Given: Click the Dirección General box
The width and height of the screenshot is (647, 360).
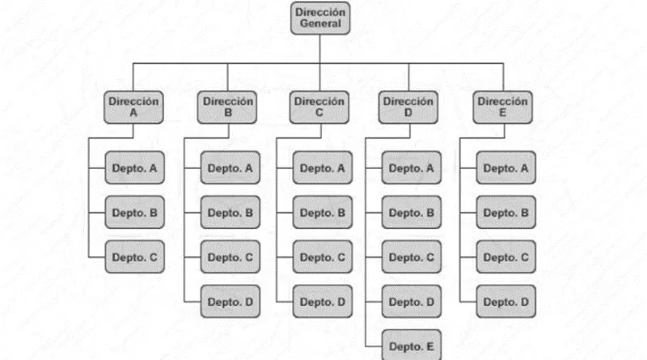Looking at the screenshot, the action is pyautogui.click(x=320, y=18).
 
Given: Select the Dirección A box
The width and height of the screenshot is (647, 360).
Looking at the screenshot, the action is pyautogui.click(x=133, y=108).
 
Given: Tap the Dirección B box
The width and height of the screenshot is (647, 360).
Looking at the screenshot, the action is pyautogui.click(x=227, y=108).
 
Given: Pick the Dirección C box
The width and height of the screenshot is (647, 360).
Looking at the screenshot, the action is pyautogui.click(x=319, y=108).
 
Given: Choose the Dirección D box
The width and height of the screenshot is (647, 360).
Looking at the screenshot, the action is pyautogui.click(x=408, y=108).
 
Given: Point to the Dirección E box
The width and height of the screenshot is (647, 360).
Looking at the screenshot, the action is pyautogui.click(x=502, y=108).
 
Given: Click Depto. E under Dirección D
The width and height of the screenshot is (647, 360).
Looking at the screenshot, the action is pyautogui.click(x=412, y=345).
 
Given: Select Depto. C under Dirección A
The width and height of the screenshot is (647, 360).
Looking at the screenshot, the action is pyautogui.click(x=134, y=256).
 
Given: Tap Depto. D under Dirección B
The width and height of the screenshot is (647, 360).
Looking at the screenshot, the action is pyautogui.click(x=230, y=302).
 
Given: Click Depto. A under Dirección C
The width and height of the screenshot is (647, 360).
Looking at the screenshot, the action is pyautogui.click(x=323, y=167).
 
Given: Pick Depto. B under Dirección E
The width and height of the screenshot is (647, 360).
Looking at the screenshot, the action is pyautogui.click(x=506, y=212).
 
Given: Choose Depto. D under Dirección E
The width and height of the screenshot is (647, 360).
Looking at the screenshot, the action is pyautogui.click(x=506, y=302).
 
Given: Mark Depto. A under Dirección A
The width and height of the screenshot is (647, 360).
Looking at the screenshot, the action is pyautogui.click(x=134, y=167).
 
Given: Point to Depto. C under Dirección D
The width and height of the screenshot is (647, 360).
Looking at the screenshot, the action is pyautogui.click(x=412, y=256).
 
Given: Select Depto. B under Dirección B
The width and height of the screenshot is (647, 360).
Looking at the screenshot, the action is pyautogui.click(x=230, y=212).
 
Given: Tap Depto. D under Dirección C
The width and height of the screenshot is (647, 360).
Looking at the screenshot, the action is pyautogui.click(x=323, y=302).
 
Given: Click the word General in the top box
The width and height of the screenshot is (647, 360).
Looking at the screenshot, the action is pyautogui.click(x=320, y=23).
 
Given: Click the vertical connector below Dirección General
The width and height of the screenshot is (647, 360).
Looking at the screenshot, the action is pyautogui.click(x=320, y=49).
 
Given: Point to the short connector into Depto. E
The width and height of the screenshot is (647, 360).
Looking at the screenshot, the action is pyautogui.click(x=374, y=346).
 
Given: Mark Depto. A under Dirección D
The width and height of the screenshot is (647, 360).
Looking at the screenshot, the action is pyautogui.click(x=412, y=167).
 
